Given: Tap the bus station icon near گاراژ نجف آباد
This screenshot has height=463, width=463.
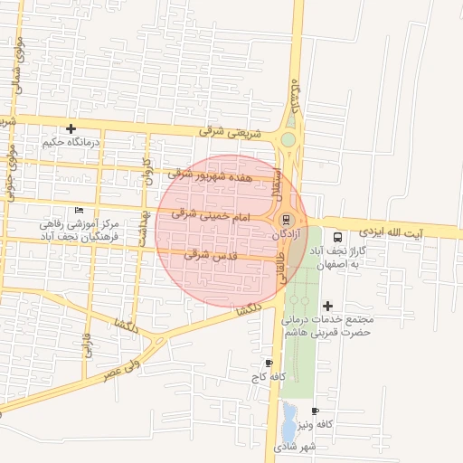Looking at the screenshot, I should coord(337,235).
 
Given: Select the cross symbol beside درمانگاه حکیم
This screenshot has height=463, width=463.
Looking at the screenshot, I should coord(71,128).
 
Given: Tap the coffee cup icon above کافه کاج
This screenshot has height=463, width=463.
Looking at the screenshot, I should coord(269,362).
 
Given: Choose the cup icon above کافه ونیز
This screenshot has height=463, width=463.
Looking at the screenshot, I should coord(315,411).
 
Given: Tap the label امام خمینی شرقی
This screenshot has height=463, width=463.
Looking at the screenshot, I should coord(210,216).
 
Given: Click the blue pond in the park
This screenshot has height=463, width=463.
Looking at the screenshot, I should coord(288,418).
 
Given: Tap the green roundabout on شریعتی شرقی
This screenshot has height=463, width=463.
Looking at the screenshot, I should coord(288,139).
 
